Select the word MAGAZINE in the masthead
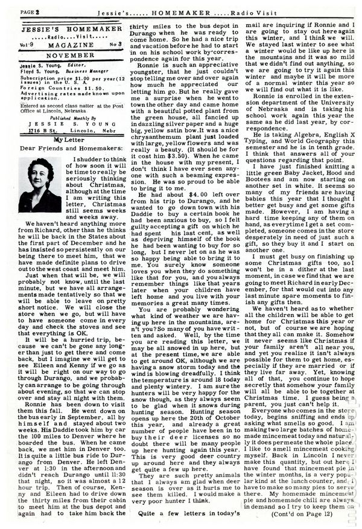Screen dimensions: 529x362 (70, 42)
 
